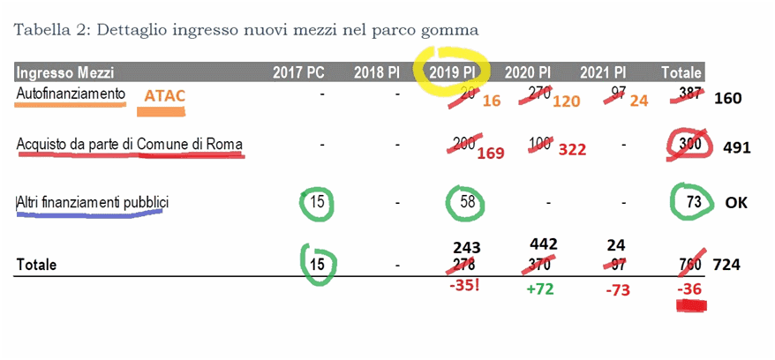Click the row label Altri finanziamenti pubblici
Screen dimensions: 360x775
[x=93, y=203]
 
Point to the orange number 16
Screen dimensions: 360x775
[x=492, y=101]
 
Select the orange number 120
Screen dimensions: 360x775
[x=566, y=101]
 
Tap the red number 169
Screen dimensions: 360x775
[x=492, y=154]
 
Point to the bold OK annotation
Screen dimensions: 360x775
[x=736, y=202]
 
